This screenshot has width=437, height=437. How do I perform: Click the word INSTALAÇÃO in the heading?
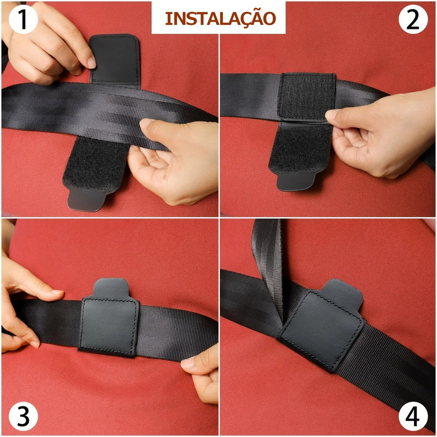coord(221,19)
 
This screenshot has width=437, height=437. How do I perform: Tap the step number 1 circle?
coord(23,19)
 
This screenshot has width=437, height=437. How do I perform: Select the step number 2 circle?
coord(413,19)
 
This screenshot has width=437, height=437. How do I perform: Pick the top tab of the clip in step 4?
coord(345,294)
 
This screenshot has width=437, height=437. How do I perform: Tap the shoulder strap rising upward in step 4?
coord(268,268)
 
